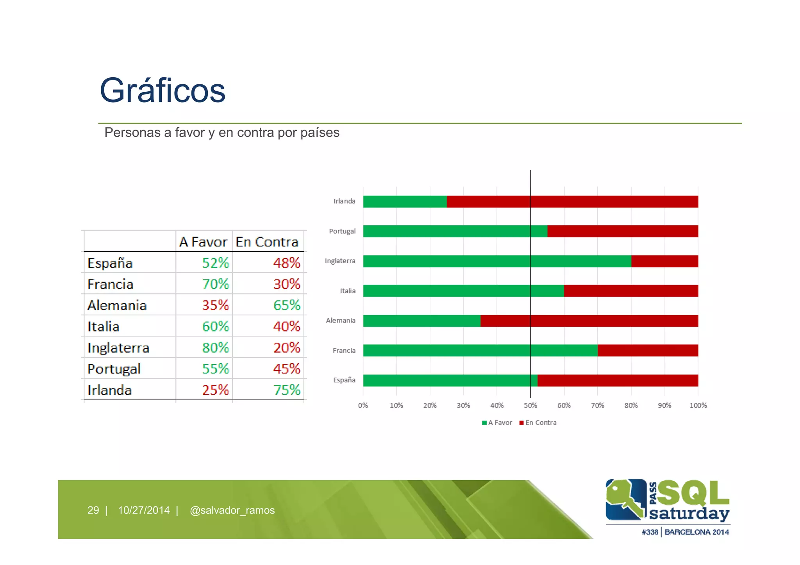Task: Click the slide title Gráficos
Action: point(162,91)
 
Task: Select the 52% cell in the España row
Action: point(215,263)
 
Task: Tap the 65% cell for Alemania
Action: point(286,305)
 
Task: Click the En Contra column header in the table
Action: point(267,242)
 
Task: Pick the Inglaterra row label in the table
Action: point(118,348)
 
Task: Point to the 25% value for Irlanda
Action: point(215,390)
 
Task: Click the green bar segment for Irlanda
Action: point(405,201)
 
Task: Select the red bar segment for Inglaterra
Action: point(664,261)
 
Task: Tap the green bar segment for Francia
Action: point(480,350)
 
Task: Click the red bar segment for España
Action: point(617,380)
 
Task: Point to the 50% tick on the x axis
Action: point(530,405)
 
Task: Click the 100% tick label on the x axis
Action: point(698,405)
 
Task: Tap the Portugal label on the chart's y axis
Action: point(342,231)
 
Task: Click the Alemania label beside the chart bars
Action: point(341,321)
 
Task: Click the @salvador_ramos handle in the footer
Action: point(232,510)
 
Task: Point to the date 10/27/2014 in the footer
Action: point(144,510)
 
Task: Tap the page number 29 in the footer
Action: point(93,510)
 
